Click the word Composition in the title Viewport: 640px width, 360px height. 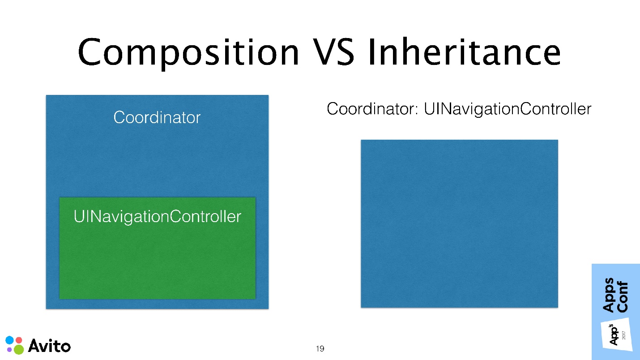[x=188, y=53]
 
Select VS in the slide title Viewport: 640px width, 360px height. [x=333, y=52]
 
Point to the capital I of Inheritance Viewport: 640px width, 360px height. [x=371, y=52]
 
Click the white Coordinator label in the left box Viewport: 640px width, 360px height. [x=157, y=117]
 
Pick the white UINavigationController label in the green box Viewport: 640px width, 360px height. [x=158, y=216]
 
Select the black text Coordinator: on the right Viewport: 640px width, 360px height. [x=372, y=109]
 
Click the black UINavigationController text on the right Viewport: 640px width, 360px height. [x=508, y=109]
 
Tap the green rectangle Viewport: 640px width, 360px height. [x=158, y=248]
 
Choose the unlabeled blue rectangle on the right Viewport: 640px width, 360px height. [x=460, y=223]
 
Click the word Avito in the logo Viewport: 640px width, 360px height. [x=49, y=346]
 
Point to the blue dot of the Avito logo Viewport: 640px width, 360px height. [x=10, y=340]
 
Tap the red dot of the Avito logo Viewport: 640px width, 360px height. [x=19, y=340]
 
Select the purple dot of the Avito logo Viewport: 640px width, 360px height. [x=9, y=349]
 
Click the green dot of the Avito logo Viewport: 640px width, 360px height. [x=19, y=349]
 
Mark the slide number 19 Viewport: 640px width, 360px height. [x=320, y=348]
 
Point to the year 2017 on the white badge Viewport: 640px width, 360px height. [x=624, y=335]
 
